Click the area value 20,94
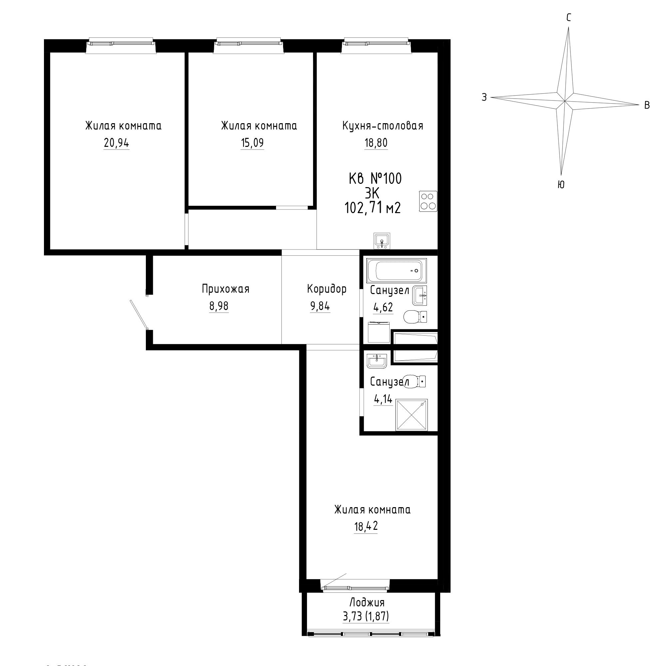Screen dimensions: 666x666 point(117,143)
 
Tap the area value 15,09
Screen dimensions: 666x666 point(252,143)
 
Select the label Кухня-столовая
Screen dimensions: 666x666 point(383,126)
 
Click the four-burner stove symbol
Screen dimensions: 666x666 point(428,201)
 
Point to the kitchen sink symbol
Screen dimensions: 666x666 point(382,241)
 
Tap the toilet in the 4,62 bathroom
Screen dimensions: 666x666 point(415,316)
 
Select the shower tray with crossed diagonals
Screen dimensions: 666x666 point(412,415)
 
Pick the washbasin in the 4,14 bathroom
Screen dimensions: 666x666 point(378,361)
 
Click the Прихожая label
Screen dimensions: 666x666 point(226,289)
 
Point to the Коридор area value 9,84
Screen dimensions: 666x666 point(320,306)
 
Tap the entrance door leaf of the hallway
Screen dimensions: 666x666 point(139,314)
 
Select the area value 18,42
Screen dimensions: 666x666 point(366,536)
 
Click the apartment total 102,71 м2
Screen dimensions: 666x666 point(373,208)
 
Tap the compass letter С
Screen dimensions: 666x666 point(569,17)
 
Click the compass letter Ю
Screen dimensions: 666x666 point(561,185)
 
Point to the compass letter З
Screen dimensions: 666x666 point(484,98)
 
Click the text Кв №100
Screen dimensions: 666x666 point(375,179)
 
